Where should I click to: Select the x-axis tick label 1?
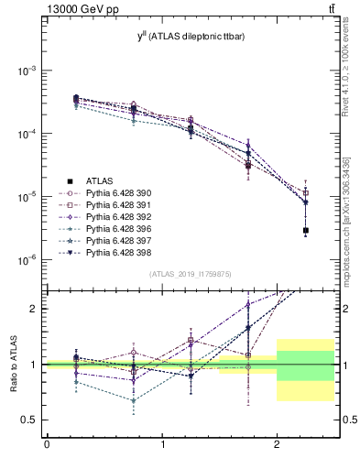(x=162, y=446)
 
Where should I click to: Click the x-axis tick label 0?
(x=47, y=446)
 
